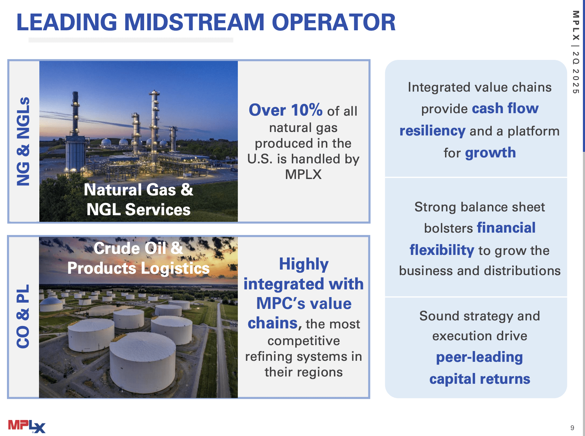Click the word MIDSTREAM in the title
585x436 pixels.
[194, 22]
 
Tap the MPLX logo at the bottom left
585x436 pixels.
[27, 426]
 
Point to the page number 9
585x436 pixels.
[572, 428]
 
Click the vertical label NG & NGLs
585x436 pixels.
[23, 141]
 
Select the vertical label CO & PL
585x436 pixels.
[23, 316]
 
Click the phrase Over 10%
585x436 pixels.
[286, 110]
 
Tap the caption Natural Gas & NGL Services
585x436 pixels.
[139, 200]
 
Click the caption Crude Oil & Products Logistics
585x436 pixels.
[139, 258]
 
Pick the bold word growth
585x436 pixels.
[490, 153]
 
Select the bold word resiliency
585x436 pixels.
[432, 131]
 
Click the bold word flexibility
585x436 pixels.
[442, 250]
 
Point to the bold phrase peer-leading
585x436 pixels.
[479, 357]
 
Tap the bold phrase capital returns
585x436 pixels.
[479, 379]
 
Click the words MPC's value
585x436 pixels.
[304, 303]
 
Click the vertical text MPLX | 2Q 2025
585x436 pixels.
[576, 52]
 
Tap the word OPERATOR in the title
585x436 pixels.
[333, 22]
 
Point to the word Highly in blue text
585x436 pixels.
[304, 264]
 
